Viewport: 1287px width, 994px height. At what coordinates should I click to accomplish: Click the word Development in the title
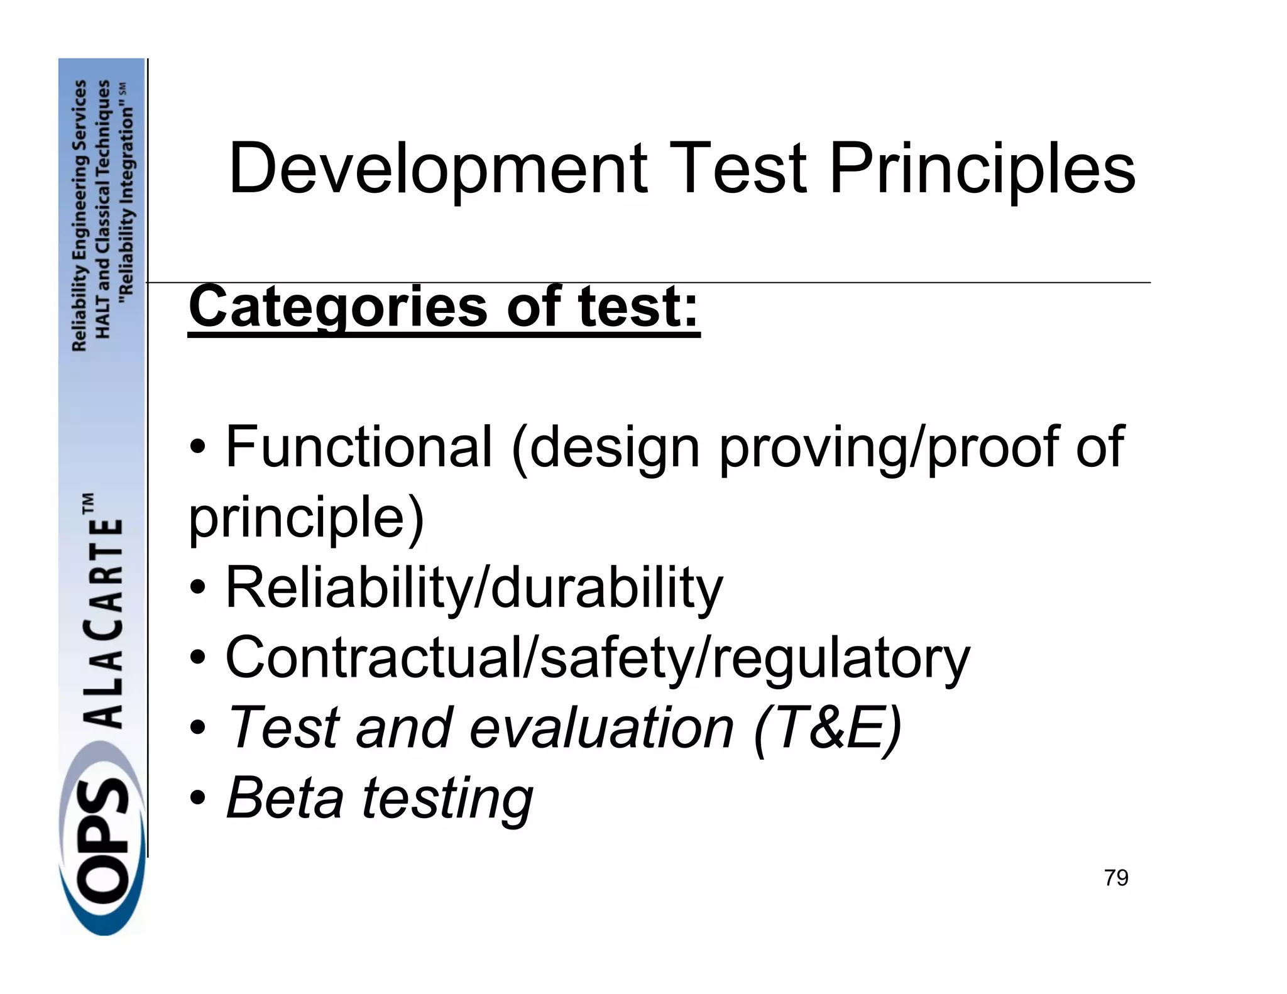coord(438,168)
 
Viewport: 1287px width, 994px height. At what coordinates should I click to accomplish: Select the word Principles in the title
coord(982,168)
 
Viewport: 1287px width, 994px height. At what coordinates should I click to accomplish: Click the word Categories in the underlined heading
coord(338,307)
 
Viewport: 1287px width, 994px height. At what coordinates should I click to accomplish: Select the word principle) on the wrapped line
coord(307,518)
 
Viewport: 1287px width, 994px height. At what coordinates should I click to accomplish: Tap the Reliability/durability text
coord(474,588)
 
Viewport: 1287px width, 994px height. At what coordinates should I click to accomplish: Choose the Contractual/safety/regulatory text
coord(598,658)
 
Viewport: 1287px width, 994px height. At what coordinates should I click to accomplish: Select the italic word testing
coord(447,799)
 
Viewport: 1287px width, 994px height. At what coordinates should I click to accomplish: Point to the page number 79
coord(1115,878)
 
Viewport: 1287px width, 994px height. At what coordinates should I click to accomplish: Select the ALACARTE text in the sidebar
coord(103,622)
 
